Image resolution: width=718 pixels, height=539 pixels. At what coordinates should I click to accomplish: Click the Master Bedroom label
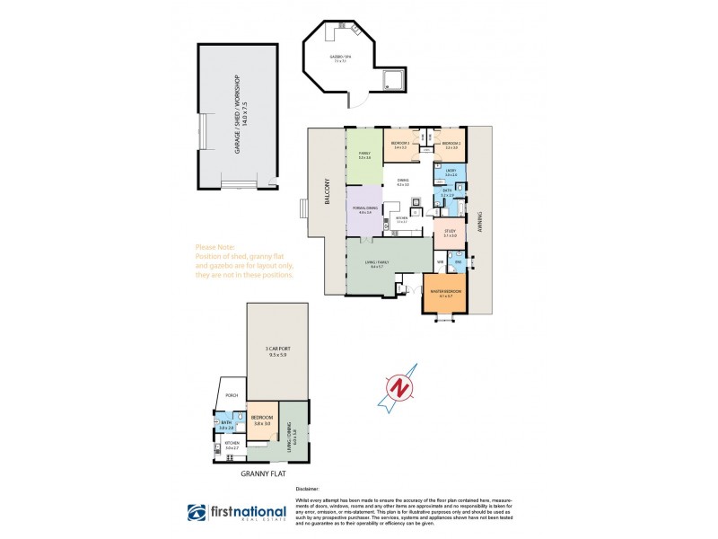446,292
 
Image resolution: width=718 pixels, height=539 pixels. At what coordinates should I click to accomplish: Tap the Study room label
450,233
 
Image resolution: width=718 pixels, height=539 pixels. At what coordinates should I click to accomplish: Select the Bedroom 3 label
399,145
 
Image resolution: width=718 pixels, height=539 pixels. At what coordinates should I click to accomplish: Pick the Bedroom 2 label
452,145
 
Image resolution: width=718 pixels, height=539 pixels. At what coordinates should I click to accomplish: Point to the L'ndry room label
451,172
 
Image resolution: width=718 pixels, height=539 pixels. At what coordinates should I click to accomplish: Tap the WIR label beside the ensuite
440,262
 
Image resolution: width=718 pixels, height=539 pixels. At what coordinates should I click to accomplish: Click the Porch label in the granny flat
232,395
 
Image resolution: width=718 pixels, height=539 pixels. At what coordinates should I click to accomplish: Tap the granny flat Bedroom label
263,420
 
